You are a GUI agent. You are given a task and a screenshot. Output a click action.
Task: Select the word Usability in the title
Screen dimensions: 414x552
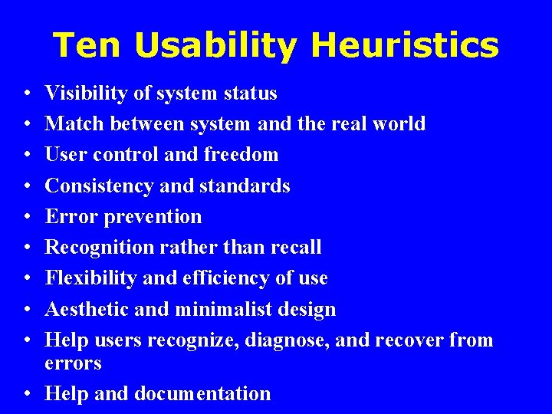tap(217, 46)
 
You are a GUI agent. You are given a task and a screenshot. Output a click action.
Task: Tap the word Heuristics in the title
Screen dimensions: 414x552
tap(405, 46)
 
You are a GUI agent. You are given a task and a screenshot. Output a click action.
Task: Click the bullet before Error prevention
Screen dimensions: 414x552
tap(27, 217)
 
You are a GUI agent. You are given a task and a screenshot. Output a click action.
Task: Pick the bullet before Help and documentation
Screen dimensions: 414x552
tap(27, 394)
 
